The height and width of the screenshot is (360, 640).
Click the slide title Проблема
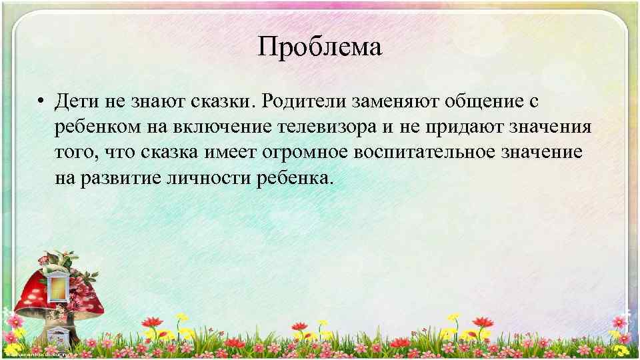[320, 49]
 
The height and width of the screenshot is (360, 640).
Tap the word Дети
[75, 102]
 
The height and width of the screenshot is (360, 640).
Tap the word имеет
[231, 153]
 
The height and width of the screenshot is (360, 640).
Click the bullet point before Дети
[41, 102]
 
